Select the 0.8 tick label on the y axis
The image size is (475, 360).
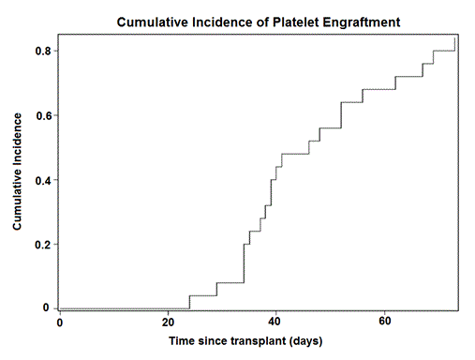click(42, 51)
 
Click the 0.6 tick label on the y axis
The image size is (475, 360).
click(42, 115)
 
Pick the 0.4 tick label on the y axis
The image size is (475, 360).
click(42, 180)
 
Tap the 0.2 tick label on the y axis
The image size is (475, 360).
click(42, 245)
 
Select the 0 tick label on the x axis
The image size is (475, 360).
click(59, 322)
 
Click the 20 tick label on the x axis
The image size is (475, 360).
click(168, 322)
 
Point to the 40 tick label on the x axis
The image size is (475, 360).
click(276, 322)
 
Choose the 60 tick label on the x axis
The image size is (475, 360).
click(385, 322)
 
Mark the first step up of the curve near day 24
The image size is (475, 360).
click(189, 302)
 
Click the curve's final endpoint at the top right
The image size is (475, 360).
click(455, 37)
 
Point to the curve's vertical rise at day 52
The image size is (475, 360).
click(341, 114)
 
